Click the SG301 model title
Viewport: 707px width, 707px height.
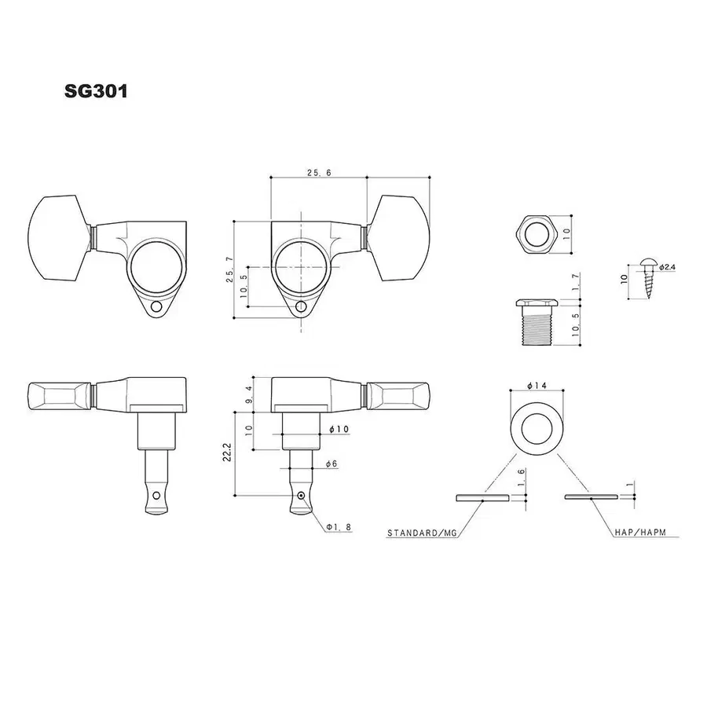(96, 91)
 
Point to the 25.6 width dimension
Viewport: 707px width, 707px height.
(319, 173)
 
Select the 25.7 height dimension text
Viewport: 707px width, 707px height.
(230, 269)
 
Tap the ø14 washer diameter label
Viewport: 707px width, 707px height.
(537, 386)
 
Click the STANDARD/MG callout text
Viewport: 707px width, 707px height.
(422, 533)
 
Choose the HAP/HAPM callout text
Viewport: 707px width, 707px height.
(640, 533)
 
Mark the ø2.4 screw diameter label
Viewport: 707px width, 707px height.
(667, 267)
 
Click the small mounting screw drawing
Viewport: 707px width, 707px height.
(649, 278)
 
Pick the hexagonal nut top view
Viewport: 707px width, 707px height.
(534, 234)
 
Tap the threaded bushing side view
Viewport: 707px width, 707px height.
(537, 322)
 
